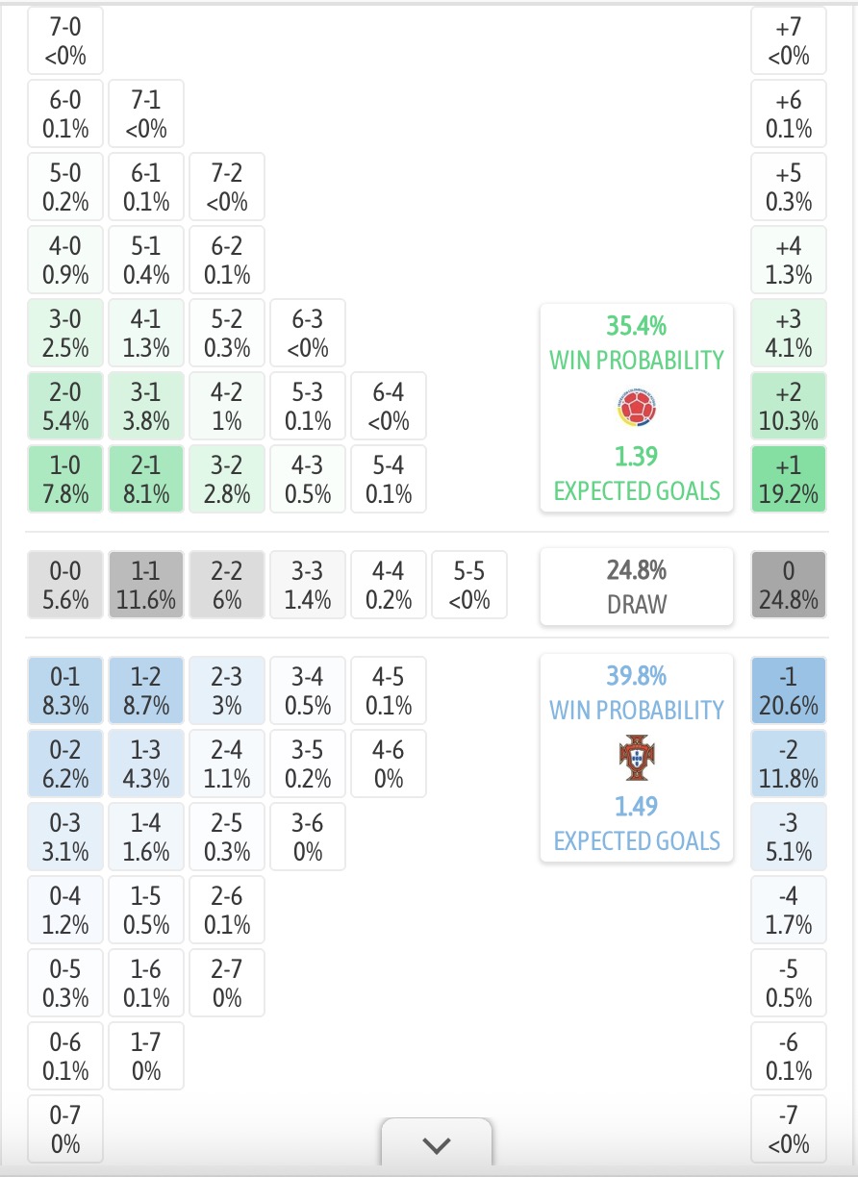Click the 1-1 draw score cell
pos(146,585)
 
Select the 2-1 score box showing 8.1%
pos(146,479)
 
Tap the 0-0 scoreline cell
pos(65,585)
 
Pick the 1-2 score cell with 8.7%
pos(146,689)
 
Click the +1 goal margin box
pos(789,479)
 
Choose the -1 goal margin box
pos(789,689)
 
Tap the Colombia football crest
pos(637,408)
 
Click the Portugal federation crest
pos(637,757)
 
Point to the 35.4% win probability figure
pos(637,326)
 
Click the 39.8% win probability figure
pos(637,676)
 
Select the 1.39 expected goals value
pos(637,456)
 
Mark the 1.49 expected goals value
pos(637,806)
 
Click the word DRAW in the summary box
pos(637,604)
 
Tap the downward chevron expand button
pos(437,1145)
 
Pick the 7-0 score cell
pos(65,40)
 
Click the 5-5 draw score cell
pos(469,585)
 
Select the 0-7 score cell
pos(65,1129)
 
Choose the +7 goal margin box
pos(789,40)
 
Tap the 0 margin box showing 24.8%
pos(789,585)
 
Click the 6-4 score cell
pos(389,406)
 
